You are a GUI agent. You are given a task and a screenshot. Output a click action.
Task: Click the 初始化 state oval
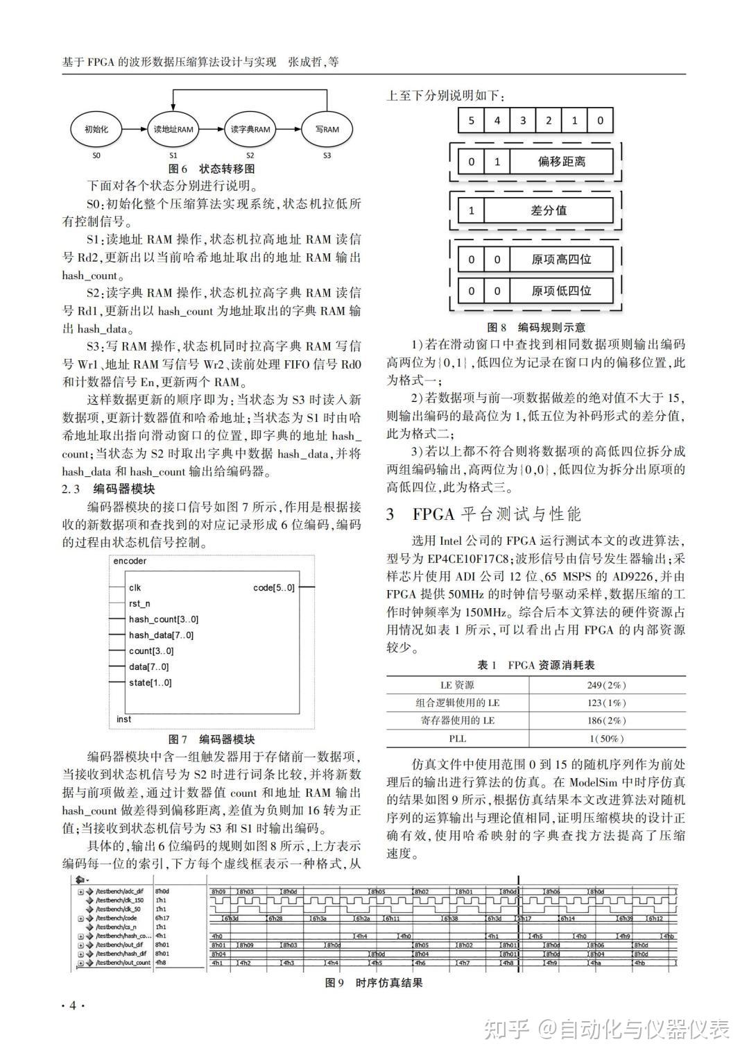96,129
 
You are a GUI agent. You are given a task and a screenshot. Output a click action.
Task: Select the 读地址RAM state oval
173,129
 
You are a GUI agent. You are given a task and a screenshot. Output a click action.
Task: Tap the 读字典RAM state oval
250,129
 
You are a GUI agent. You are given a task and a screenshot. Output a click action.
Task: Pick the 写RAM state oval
327,129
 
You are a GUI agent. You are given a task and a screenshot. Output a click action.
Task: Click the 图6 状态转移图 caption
212,169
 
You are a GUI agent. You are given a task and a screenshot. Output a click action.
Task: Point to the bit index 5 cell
471,120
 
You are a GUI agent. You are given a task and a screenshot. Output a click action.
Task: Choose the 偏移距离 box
561,162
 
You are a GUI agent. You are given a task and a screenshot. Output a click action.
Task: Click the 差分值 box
548,210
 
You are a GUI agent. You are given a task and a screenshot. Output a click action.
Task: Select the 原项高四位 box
561,260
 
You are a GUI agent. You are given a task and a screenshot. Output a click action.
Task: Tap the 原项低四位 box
561,291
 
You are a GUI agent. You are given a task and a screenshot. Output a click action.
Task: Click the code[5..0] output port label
274,588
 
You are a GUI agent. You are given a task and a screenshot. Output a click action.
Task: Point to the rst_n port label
139,604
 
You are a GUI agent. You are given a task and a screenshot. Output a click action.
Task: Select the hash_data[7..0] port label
162,635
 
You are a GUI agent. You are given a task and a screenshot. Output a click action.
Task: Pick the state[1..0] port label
150,682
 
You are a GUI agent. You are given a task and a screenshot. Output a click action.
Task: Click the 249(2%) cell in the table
606,685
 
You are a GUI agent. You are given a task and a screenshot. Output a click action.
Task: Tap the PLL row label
457,739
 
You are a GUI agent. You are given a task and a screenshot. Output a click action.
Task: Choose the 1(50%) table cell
606,739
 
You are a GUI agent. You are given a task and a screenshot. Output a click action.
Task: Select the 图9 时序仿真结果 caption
374,982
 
